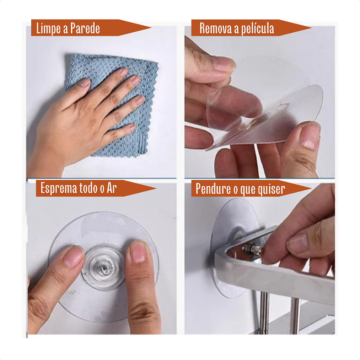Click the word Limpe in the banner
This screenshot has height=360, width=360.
(49, 28)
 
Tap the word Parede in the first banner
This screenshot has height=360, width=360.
(85, 28)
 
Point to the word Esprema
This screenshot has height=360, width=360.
(59, 188)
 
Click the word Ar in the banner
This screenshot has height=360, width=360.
(111, 188)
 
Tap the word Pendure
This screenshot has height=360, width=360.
(213, 189)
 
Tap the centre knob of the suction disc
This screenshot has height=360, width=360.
(103, 268)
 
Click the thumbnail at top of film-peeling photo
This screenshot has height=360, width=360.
(224, 64)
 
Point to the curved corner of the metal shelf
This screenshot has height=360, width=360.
(220, 255)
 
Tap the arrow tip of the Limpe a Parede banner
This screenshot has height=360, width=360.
(151, 28)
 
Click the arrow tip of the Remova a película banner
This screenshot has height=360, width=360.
(311, 28)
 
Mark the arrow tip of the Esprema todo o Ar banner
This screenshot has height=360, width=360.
(156, 188)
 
